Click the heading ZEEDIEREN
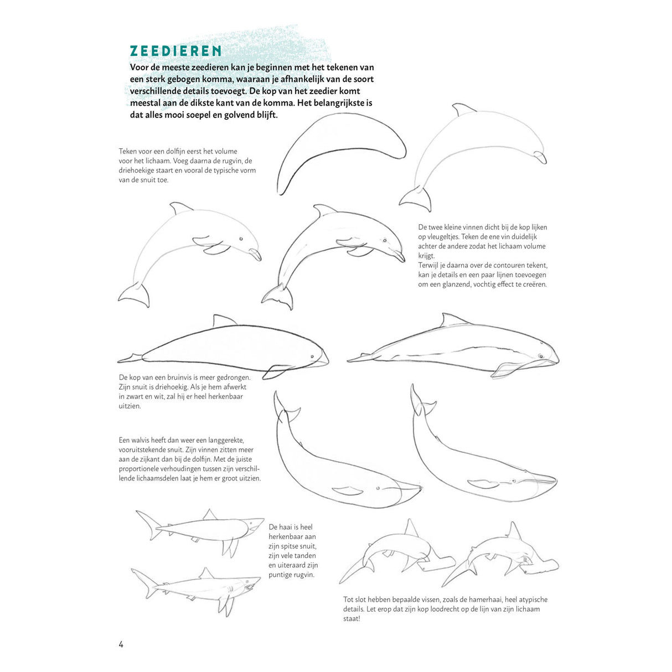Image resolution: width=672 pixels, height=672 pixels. point(176,51)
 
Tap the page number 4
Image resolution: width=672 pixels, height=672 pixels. point(121,644)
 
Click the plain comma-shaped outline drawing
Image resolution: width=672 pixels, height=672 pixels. point(341,149)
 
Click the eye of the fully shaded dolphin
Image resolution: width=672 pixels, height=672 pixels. point(384,241)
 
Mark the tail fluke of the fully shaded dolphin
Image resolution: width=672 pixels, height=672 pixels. point(278,298)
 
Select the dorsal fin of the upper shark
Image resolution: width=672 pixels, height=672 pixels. point(209,515)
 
